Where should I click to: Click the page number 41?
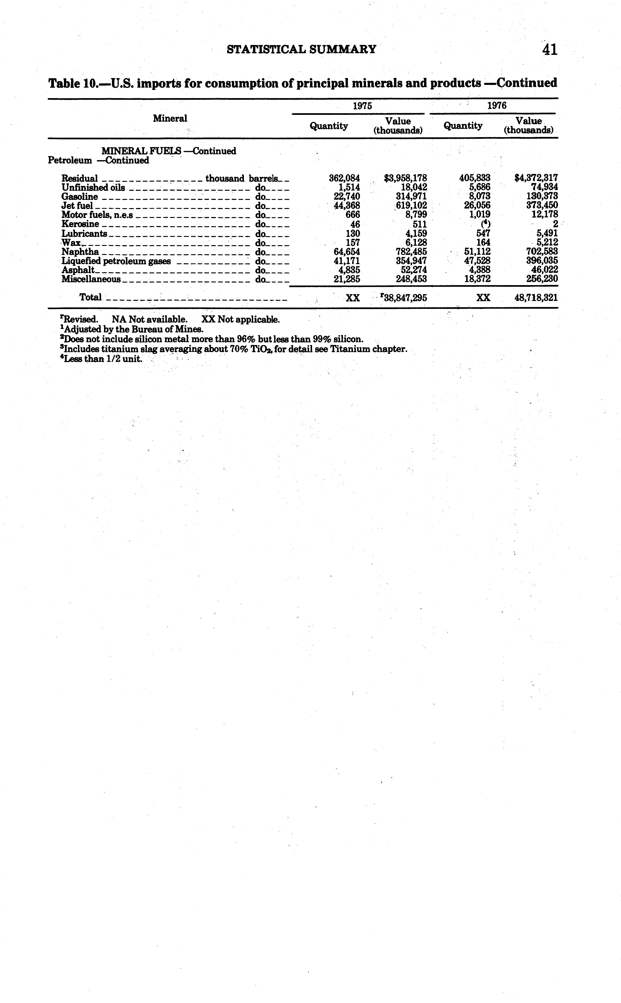point(550,50)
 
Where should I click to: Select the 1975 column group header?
point(362,105)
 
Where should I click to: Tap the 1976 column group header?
point(497,105)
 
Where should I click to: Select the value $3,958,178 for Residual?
point(405,178)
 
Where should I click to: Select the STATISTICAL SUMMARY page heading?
point(301,50)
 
